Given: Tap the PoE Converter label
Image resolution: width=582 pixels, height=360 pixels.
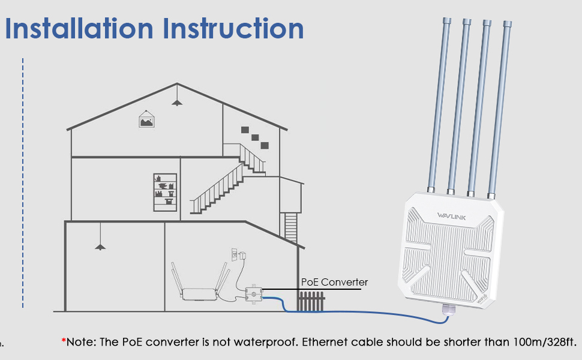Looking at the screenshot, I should (x=334, y=282).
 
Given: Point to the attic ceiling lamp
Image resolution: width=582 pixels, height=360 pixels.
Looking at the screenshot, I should (x=176, y=102).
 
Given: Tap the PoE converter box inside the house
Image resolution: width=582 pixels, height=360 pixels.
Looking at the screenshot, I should (x=254, y=295).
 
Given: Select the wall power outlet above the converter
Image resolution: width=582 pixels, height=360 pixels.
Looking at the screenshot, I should (x=235, y=255).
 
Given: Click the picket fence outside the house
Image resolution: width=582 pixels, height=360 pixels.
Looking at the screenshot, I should (x=311, y=302).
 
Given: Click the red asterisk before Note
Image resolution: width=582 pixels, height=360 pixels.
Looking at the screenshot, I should (x=64, y=341).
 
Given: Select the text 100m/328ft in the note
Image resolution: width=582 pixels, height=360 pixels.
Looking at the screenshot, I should (x=542, y=343).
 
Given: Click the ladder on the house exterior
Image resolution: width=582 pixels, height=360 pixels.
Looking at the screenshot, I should (x=291, y=227).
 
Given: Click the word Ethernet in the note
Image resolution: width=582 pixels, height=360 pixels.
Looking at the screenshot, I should (x=325, y=343).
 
